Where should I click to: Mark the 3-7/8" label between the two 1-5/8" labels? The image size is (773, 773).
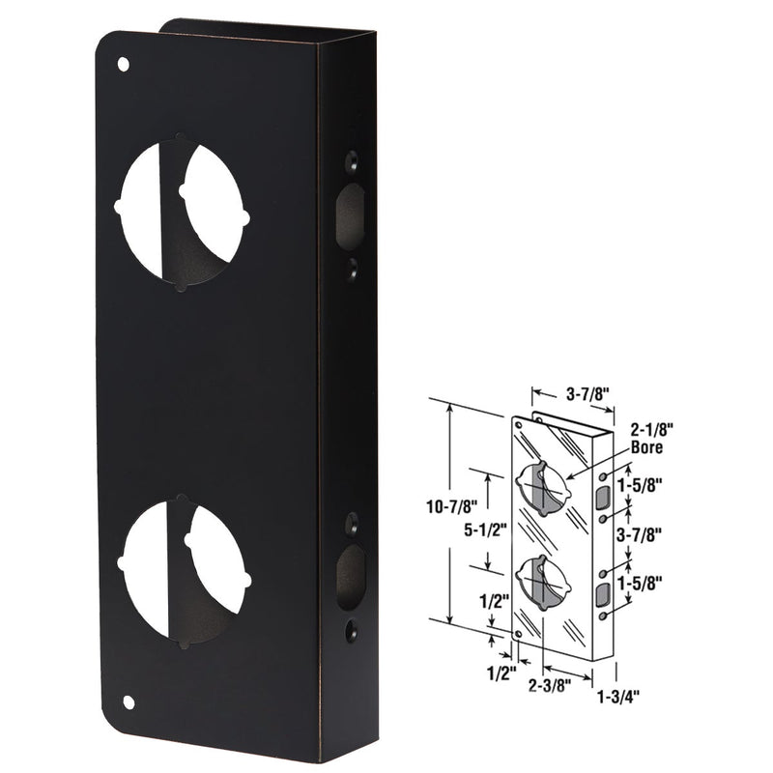pyautogui.click(x=653, y=530)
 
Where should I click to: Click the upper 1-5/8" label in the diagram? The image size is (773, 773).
pyautogui.click(x=653, y=481)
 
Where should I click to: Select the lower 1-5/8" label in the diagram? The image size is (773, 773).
pyautogui.click(x=653, y=583)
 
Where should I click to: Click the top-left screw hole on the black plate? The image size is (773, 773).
pyautogui.click(x=123, y=65)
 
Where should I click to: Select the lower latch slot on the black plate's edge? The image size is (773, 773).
pyautogui.click(x=349, y=576)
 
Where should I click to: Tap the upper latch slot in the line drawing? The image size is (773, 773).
pyautogui.click(x=603, y=498)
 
